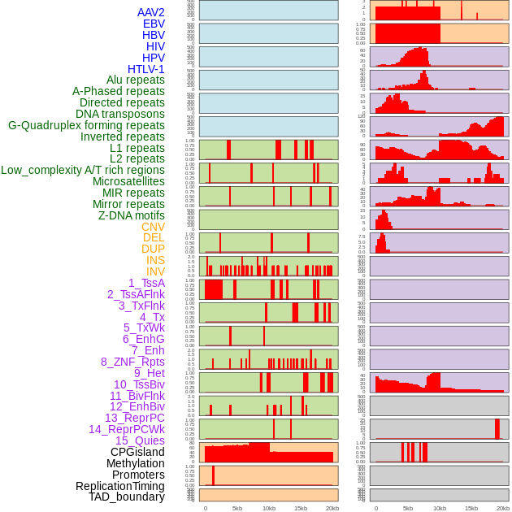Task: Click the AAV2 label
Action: click(x=151, y=12)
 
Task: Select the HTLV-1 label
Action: click(x=146, y=69)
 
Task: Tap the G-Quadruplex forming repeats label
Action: click(x=86, y=125)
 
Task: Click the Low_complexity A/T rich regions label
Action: click(x=83, y=170)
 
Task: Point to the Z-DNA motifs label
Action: click(x=132, y=215)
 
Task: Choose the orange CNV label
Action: click(x=153, y=227)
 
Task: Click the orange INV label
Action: click(x=155, y=271)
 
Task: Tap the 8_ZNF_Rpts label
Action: click(x=132, y=362)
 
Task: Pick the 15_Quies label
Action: click(x=140, y=440)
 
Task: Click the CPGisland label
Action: click(x=137, y=452)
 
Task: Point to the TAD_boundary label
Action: click(x=127, y=497)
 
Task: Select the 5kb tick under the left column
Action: click(x=237, y=508)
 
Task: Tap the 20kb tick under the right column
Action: click(x=503, y=508)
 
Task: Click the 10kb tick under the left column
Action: click(x=268, y=508)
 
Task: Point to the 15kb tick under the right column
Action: click(x=471, y=508)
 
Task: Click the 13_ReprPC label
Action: click(x=134, y=418)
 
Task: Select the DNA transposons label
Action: click(x=120, y=114)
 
